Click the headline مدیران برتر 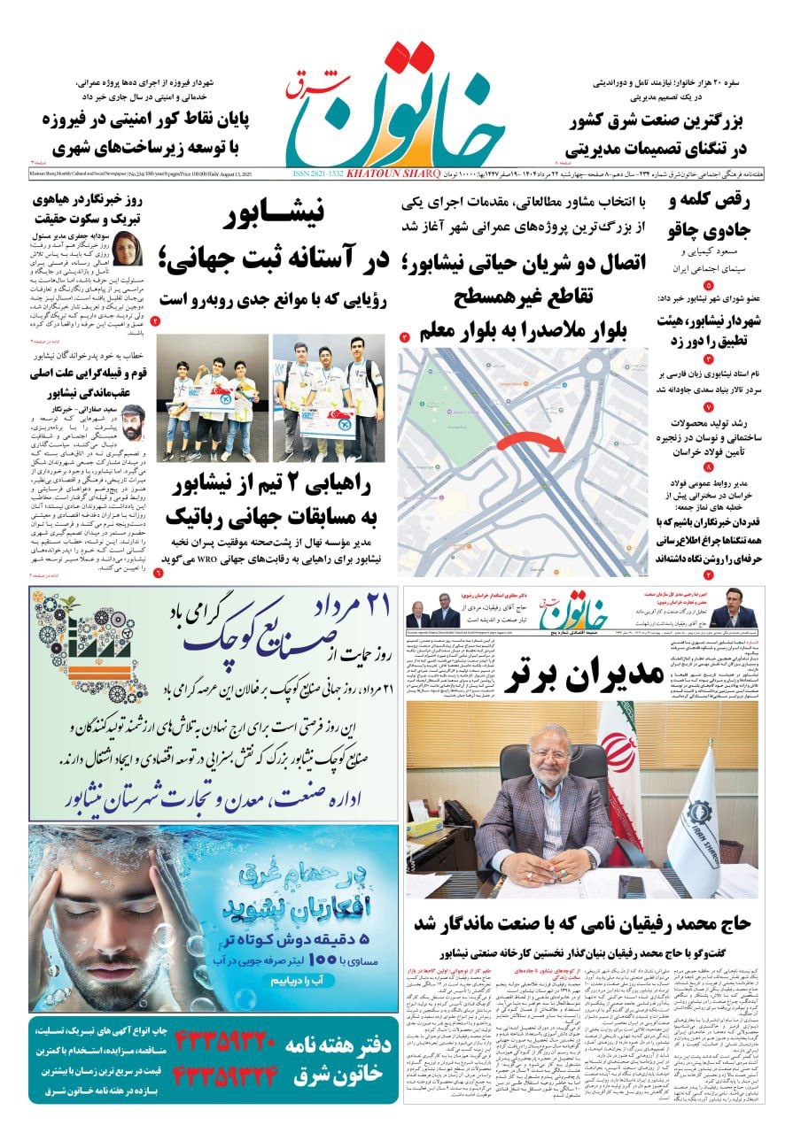[584, 676]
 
